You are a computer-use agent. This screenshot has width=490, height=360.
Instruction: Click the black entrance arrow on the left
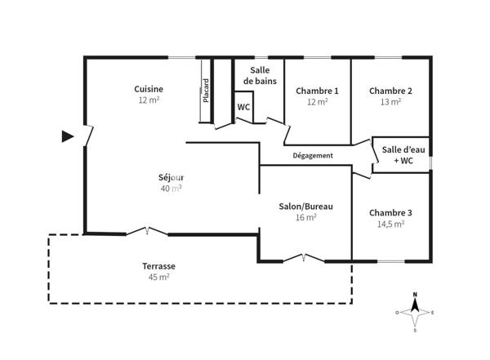coord(68,136)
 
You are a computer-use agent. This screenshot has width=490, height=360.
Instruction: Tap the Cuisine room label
coord(149,89)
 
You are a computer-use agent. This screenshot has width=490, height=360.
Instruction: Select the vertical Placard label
coord(207,91)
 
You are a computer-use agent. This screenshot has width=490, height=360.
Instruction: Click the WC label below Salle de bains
coord(243,108)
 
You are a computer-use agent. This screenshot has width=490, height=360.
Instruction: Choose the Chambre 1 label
coord(317,91)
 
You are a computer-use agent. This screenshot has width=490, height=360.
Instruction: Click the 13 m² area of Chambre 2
coord(390,103)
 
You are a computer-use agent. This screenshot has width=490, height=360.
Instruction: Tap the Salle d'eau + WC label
coord(402,154)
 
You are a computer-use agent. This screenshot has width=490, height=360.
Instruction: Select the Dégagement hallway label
coord(313,155)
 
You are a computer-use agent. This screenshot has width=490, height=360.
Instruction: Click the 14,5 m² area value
coord(390,224)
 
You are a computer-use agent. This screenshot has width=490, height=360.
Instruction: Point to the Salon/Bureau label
coord(305,206)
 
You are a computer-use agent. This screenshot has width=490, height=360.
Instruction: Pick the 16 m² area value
coord(305,217)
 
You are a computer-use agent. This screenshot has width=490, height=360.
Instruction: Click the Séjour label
coord(171,177)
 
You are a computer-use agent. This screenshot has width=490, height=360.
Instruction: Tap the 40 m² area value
coord(171,189)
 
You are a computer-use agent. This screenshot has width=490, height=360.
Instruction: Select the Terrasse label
coord(158,266)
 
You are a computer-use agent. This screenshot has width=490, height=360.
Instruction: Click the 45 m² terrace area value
coord(158,278)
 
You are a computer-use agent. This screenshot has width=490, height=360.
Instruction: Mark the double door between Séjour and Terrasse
coord(146,232)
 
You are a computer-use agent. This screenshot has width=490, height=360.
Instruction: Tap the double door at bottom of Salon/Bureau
coord(304,259)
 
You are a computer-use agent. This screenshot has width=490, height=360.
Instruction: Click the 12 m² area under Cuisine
coord(149,100)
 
